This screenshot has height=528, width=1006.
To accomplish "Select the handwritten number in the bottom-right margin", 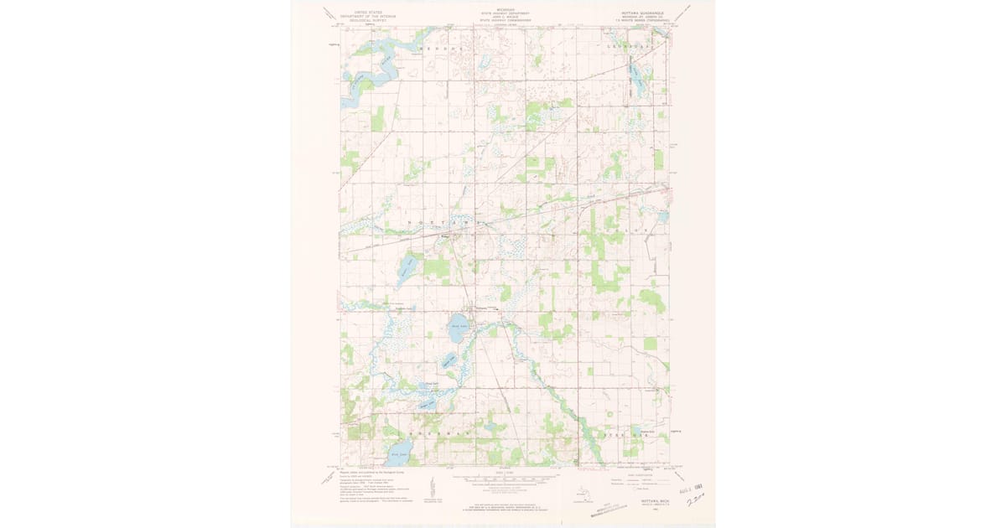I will [695, 500].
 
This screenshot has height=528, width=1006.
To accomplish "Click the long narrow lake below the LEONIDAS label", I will [635, 80].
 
